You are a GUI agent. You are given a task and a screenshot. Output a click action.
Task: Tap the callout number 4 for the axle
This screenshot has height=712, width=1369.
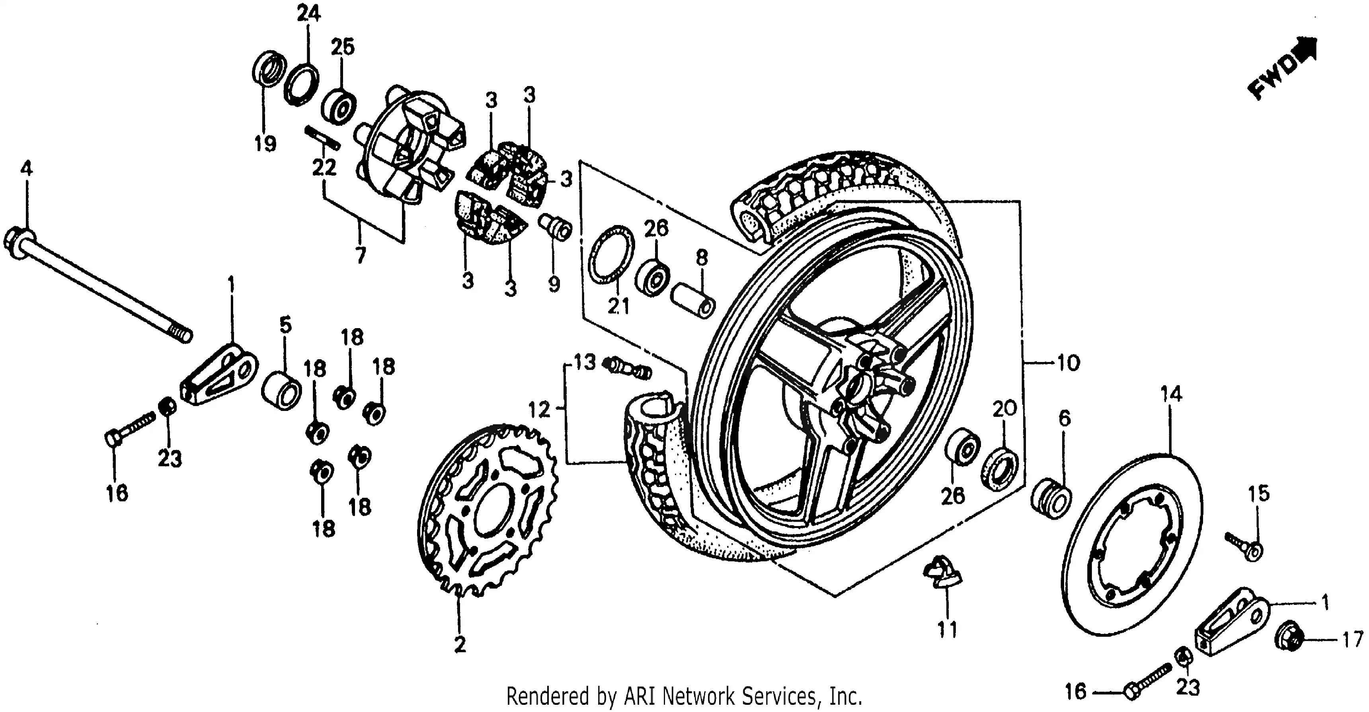pyautogui.click(x=26, y=169)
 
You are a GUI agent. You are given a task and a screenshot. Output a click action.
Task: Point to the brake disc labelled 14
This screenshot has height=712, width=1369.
pyautogui.click(x=1135, y=545)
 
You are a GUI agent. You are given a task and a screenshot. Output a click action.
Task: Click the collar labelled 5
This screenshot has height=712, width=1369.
pyautogui.click(x=282, y=391)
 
